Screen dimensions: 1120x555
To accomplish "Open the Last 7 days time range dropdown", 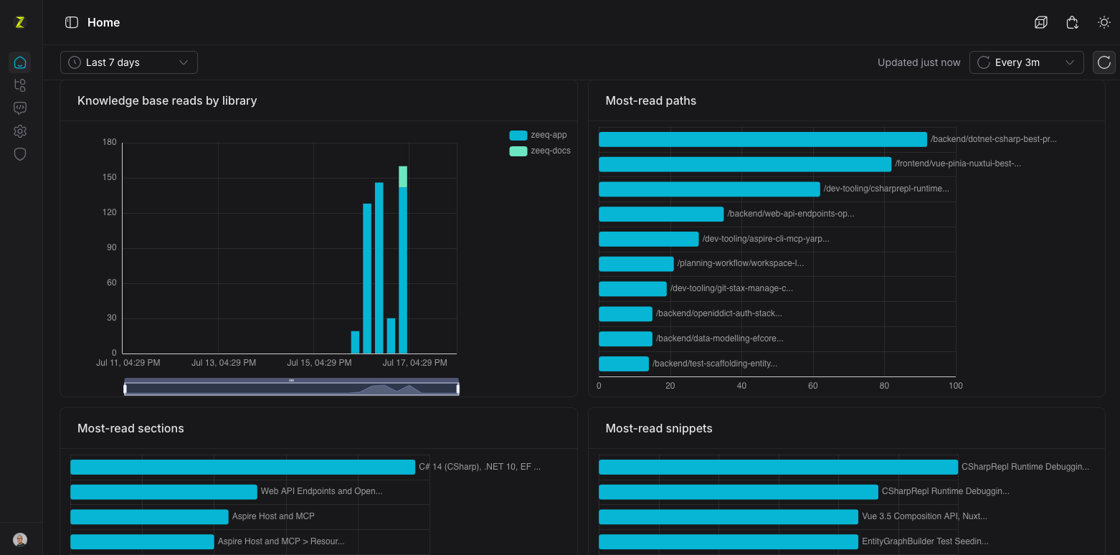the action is (129, 62).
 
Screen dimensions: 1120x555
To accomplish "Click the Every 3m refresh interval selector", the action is (1026, 62).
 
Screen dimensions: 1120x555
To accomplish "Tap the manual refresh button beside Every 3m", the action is (1104, 62).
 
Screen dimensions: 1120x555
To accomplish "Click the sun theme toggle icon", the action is (1104, 22).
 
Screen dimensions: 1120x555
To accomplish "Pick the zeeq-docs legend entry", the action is (539, 151).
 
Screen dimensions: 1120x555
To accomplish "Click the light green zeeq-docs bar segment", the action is (403, 176).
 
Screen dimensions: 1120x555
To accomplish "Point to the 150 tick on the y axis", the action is (110, 177).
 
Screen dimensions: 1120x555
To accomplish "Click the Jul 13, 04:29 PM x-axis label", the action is (224, 363).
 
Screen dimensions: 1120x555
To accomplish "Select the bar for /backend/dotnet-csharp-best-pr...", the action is (762, 140).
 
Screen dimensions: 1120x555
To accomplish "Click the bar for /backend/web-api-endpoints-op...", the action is (661, 214).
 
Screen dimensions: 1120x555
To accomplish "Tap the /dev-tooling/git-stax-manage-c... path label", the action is (731, 288).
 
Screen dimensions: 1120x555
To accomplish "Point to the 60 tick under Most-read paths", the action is (813, 386).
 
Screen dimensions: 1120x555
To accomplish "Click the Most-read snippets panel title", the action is (658, 429).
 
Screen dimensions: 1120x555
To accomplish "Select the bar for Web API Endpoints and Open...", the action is (163, 492).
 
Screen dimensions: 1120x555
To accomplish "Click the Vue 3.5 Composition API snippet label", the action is (924, 516).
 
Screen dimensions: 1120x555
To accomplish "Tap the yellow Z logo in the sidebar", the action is (20, 22).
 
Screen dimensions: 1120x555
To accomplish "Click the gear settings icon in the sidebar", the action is (20, 131).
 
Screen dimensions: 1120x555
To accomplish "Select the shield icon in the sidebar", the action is (20, 154).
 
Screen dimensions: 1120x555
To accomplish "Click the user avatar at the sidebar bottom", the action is (20, 539).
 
